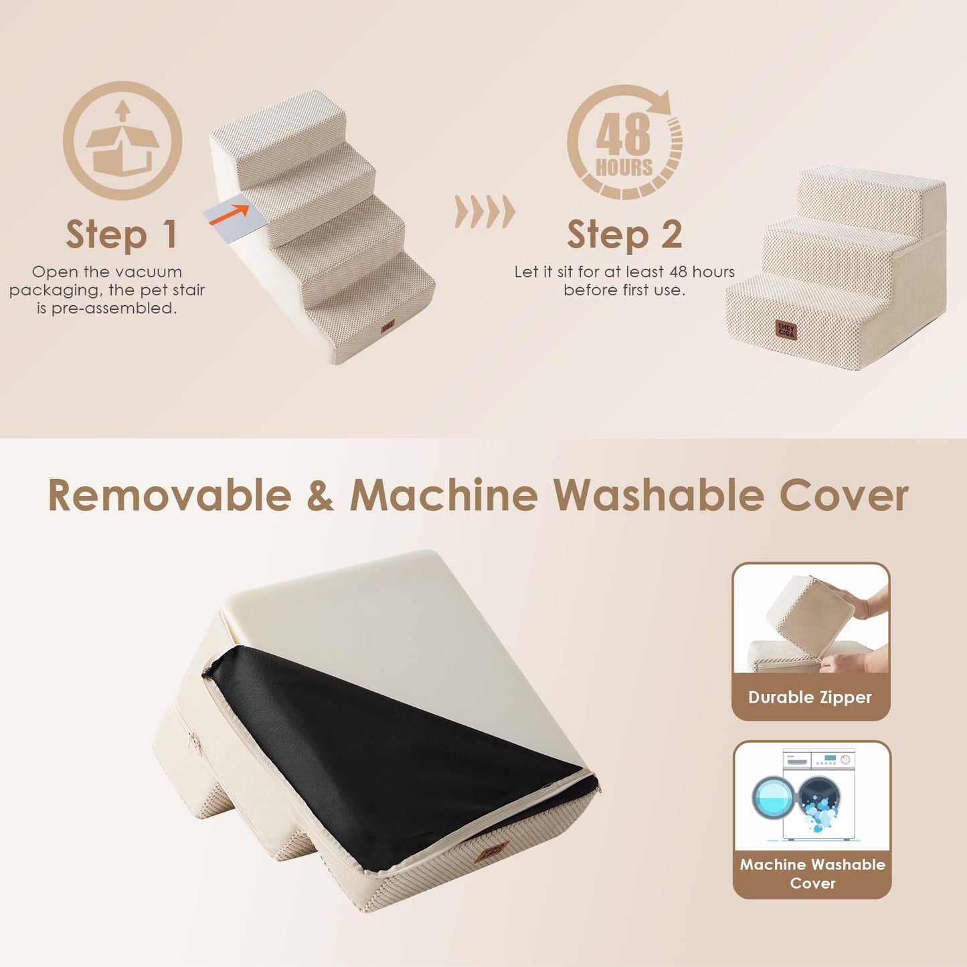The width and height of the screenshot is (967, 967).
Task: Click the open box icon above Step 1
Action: click(122, 141)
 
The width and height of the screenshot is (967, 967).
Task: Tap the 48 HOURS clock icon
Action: click(625, 143)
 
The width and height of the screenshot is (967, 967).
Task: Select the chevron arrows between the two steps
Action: click(485, 212)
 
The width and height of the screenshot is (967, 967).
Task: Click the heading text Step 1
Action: click(122, 235)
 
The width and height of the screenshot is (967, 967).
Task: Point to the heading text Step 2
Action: click(624, 235)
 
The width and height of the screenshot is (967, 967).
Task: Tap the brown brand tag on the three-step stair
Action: click(786, 329)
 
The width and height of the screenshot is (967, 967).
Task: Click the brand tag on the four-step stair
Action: click(387, 326)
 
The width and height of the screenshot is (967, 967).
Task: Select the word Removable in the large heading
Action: click(170, 496)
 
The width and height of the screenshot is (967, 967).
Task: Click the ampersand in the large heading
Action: click(321, 497)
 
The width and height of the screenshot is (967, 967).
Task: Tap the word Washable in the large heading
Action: click(658, 496)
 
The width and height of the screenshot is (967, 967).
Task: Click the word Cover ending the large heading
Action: click(844, 496)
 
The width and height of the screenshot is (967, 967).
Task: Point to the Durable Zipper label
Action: click(810, 697)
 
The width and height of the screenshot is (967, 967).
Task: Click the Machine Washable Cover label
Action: click(812, 873)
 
